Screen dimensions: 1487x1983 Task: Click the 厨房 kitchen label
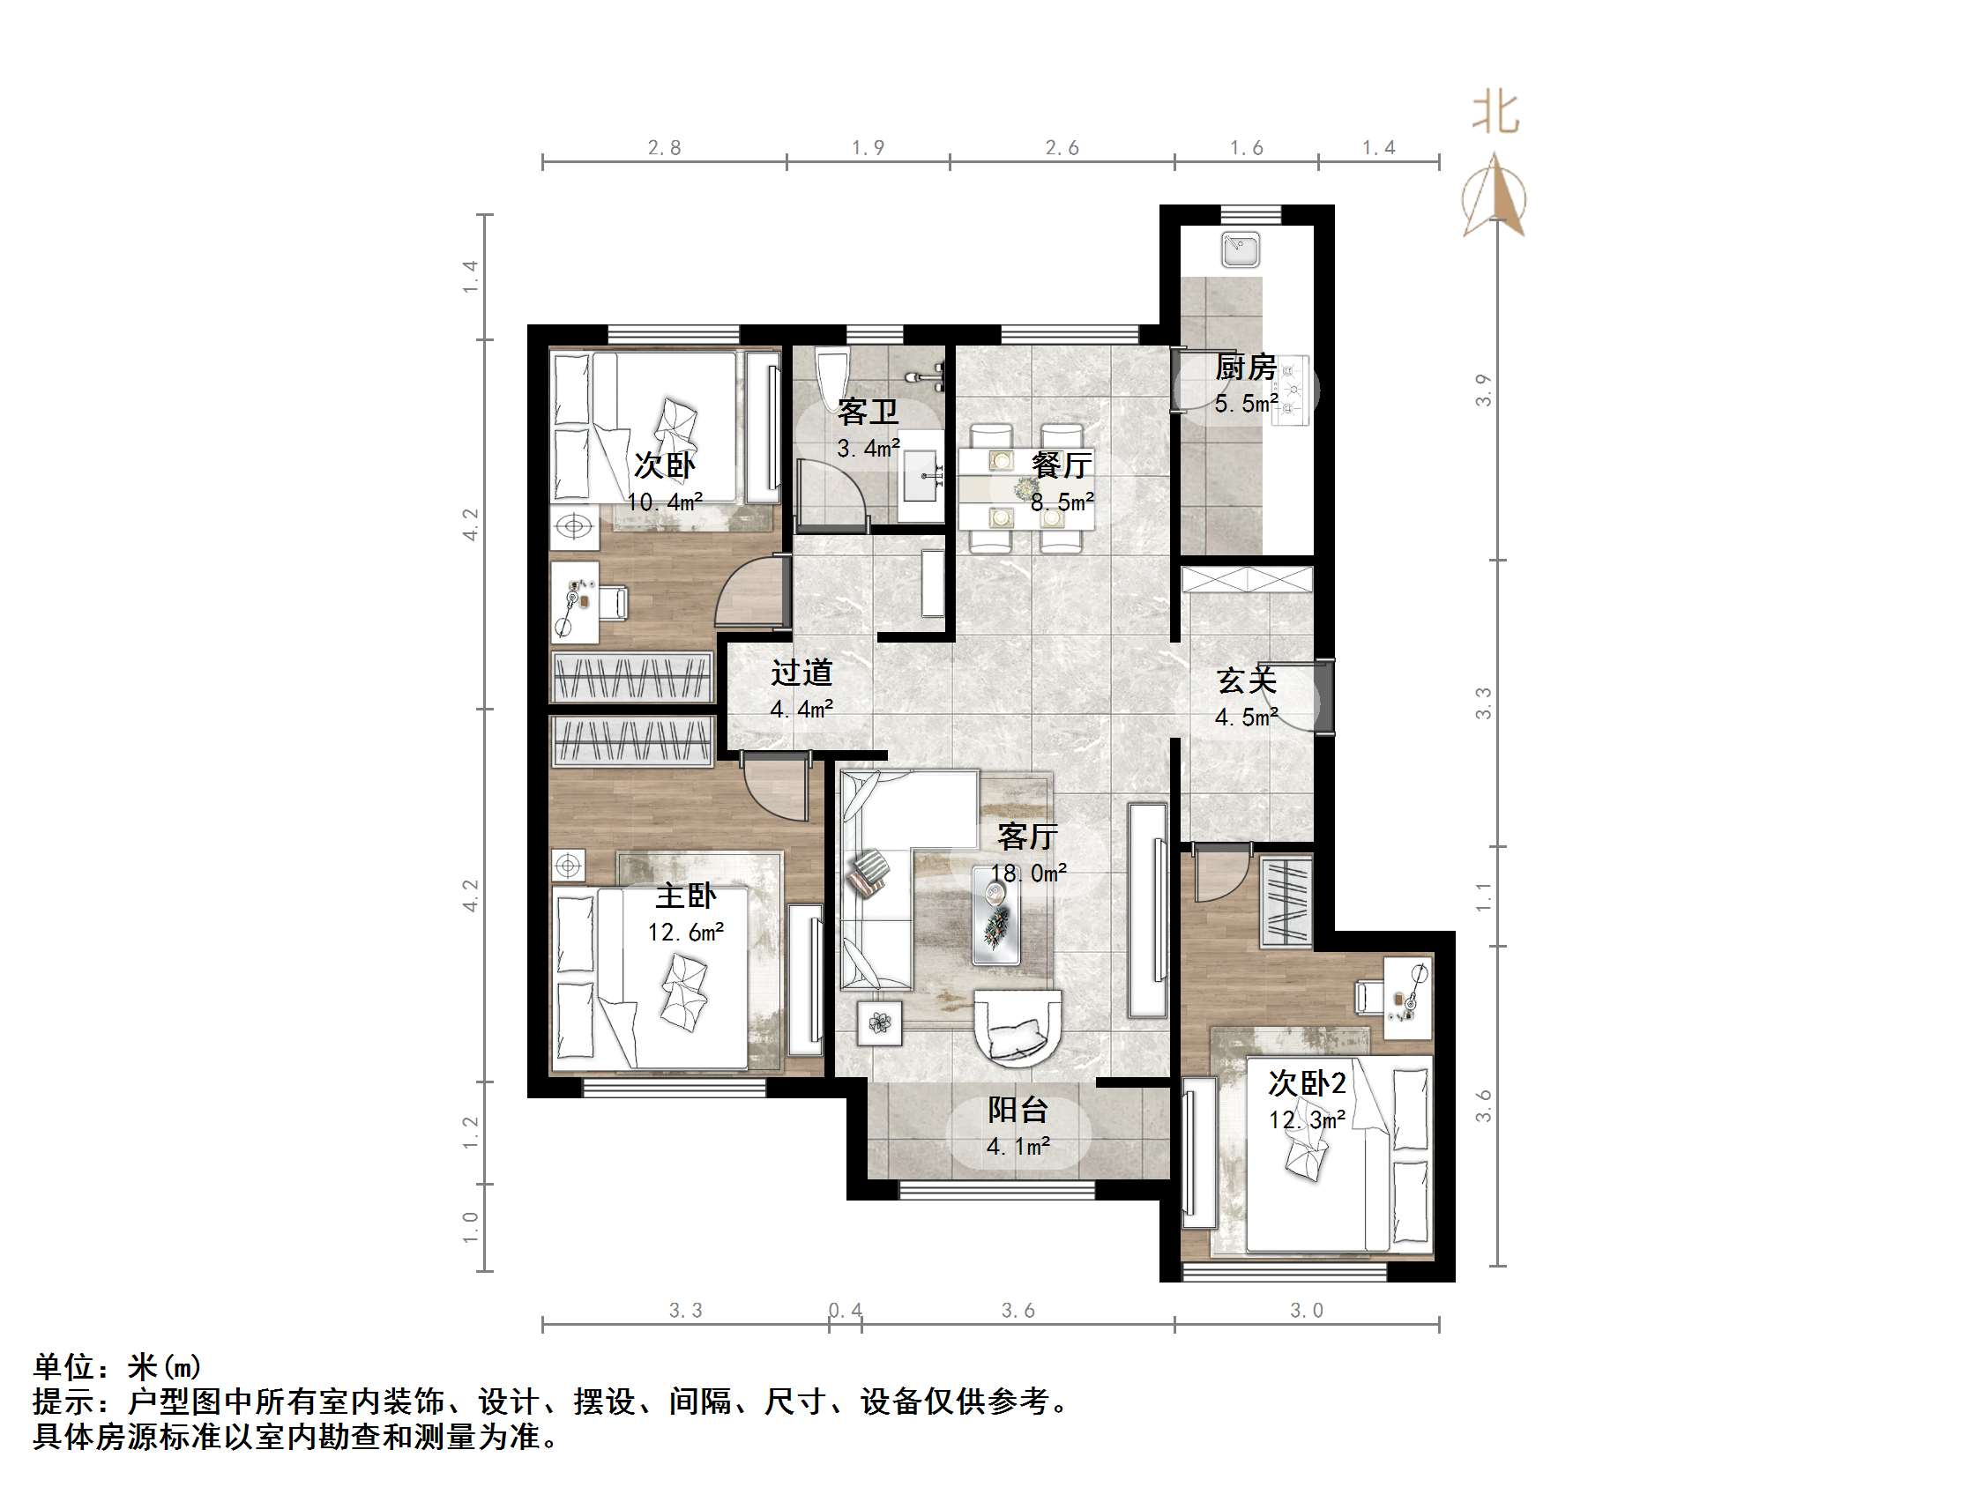click(x=1245, y=368)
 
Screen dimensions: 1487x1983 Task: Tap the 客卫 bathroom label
click(x=867, y=413)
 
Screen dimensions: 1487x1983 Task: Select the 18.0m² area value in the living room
click(x=1028, y=872)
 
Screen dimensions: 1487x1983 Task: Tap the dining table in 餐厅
click(x=1025, y=489)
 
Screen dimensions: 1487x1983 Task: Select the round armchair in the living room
click(x=1018, y=1027)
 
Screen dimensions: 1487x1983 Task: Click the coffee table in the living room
click(x=996, y=915)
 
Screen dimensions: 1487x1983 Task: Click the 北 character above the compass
click(x=1495, y=114)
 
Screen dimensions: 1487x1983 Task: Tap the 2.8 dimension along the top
click(x=664, y=148)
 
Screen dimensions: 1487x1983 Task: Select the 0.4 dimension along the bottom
click(x=845, y=1311)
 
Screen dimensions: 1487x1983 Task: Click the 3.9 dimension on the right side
click(x=1484, y=390)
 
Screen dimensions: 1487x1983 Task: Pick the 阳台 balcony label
click(x=1018, y=1111)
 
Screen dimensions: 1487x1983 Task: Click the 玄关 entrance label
click(x=1246, y=681)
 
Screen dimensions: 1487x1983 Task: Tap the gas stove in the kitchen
click(x=1291, y=389)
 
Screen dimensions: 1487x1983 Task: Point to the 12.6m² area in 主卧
click(x=686, y=933)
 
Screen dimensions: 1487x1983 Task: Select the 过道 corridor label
click(x=801, y=673)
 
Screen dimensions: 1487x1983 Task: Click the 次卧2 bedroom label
click(x=1306, y=1083)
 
